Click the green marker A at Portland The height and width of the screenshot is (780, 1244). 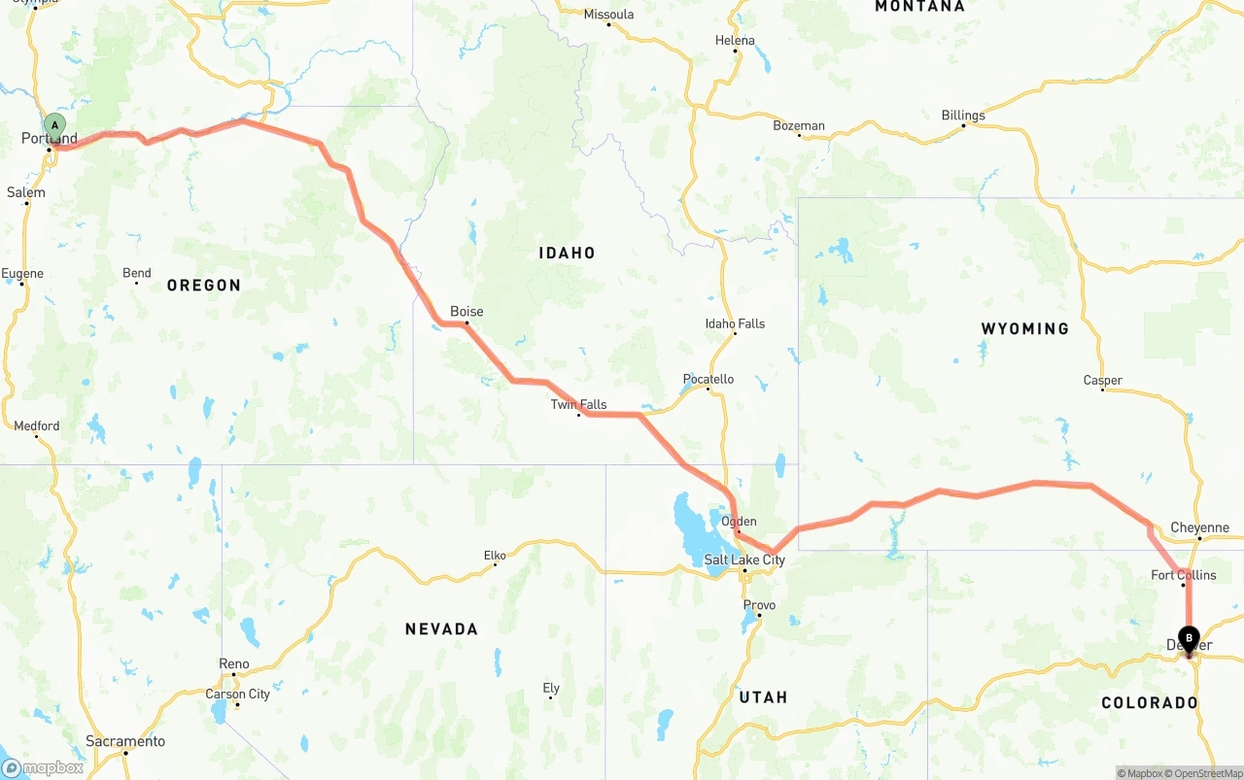(55, 125)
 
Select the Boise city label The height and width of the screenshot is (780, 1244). (466, 312)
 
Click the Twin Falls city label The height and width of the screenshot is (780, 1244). (578, 404)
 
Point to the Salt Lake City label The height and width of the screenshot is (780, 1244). (744, 560)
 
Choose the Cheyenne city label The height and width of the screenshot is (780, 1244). (1199, 528)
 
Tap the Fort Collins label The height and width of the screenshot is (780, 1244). (1183, 575)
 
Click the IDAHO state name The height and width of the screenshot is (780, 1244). (567, 253)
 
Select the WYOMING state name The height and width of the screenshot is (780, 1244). (1024, 328)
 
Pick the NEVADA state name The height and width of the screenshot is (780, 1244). (441, 629)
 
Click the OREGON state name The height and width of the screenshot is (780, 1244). (203, 285)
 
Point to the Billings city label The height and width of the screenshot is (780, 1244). (962, 116)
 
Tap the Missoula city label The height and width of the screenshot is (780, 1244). (608, 15)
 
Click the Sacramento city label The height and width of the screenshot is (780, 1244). (124, 741)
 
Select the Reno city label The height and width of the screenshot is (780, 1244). (233, 664)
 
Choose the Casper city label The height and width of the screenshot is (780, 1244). (1102, 381)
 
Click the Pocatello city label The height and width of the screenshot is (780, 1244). (708, 379)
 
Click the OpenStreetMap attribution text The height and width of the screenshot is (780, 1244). (1203, 773)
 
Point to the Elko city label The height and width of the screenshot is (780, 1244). (495, 556)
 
